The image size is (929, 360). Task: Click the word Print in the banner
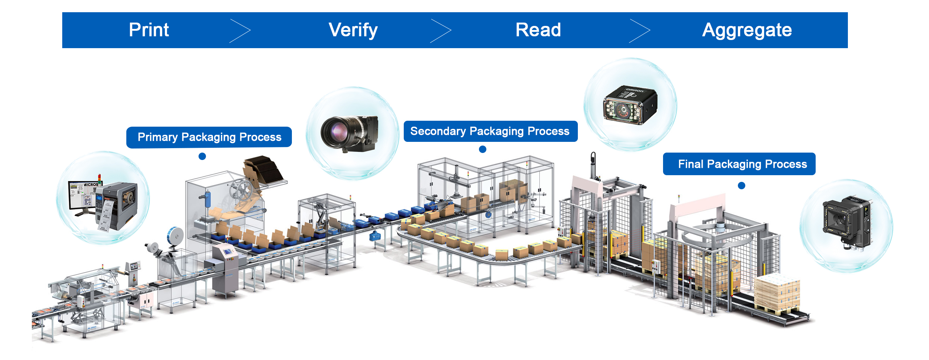click(x=149, y=30)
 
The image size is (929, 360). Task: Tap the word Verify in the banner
click(x=353, y=30)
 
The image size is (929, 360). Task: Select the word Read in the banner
click(x=538, y=30)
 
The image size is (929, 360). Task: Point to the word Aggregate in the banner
click(x=747, y=30)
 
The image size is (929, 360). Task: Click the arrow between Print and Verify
click(x=240, y=31)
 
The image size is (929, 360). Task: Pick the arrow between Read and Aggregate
click(x=639, y=31)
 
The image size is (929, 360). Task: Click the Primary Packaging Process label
click(x=209, y=137)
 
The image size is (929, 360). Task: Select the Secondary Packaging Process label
click(x=490, y=131)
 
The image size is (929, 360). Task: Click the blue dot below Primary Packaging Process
click(x=202, y=156)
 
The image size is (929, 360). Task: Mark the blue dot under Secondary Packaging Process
click(x=483, y=149)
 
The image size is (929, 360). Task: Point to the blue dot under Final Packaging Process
click(x=742, y=186)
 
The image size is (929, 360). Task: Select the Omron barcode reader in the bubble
click(x=630, y=106)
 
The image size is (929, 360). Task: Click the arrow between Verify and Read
click(x=440, y=31)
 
